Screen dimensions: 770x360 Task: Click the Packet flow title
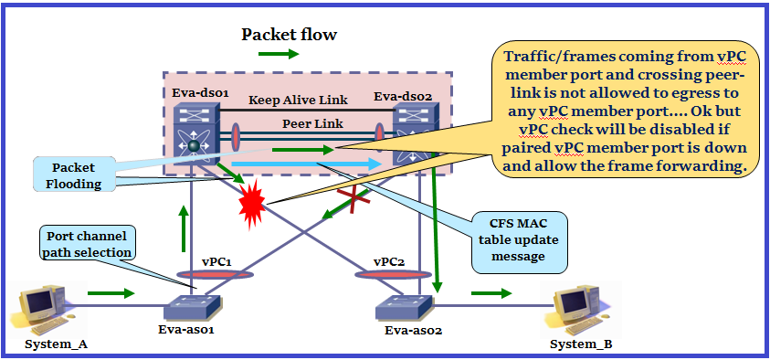pos(290,35)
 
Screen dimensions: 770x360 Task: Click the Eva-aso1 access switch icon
pos(194,306)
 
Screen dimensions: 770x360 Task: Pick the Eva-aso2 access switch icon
pos(405,307)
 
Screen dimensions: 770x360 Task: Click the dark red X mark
pos(353,198)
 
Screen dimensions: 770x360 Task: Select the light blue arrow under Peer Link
pos(306,164)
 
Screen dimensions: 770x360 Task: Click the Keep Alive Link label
pos(298,101)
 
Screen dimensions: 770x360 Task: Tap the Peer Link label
pos(312,122)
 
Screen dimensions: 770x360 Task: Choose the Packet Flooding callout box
pos(75,175)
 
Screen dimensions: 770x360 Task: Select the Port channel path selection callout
pos(87,245)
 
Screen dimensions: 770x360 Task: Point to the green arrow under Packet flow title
pos(279,54)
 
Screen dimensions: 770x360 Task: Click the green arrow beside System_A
pos(111,293)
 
